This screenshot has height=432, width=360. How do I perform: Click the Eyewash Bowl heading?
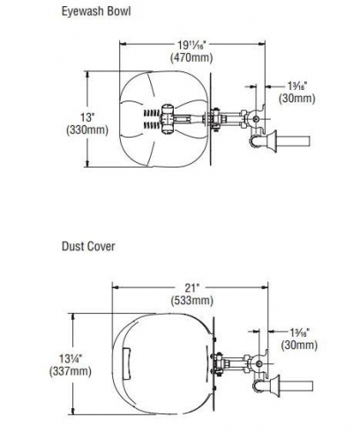coord(96,11)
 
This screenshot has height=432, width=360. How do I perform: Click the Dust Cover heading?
coord(88,246)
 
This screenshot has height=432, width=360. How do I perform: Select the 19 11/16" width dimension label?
coord(192,45)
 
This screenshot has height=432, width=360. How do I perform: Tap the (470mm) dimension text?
coord(191,57)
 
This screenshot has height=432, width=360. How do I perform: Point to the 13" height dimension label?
coord(87,117)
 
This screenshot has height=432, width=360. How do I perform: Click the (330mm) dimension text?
coord(87,130)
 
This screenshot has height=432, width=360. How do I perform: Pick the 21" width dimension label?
coord(191,287)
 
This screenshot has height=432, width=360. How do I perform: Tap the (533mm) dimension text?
coord(192,301)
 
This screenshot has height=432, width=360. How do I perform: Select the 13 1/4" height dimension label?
coord(71,359)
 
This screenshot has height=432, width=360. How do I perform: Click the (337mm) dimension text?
coord(71,371)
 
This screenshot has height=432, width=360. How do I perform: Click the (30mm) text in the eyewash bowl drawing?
coord(297,98)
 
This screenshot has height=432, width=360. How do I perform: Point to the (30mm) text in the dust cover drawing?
coord(299,345)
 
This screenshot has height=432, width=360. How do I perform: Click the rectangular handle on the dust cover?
coord(127,363)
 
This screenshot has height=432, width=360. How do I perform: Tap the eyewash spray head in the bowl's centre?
coord(167,119)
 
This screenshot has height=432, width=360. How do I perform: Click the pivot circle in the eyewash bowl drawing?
coord(256,119)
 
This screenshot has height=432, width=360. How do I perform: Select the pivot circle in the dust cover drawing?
coord(259,364)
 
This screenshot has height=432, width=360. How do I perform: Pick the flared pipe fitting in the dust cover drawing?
coord(274,385)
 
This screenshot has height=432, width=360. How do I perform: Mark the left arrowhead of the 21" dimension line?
coord(116,287)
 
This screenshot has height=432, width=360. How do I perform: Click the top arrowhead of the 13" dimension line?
coord(87,75)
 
